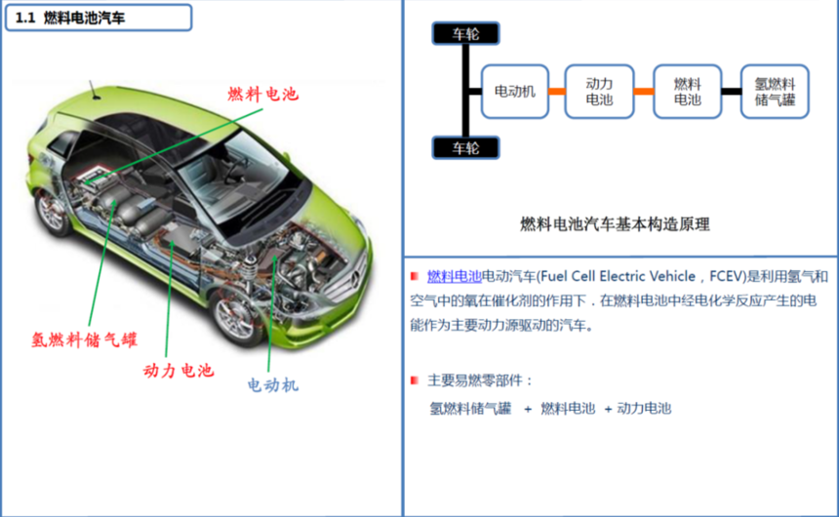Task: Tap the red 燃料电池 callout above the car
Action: coord(262,94)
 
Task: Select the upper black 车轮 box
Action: coord(465,33)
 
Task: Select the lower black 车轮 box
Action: coord(465,148)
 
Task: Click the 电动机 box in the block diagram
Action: coord(515,92)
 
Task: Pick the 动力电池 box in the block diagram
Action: coord(599,92)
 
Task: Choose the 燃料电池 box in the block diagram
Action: coord(687,92)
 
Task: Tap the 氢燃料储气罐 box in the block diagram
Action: coord(775,92)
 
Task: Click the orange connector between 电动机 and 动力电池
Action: coord(557,92)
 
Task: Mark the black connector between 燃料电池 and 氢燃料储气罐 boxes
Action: coord(731,92)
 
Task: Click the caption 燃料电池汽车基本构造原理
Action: coord(615,223)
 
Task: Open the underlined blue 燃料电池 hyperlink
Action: coord(455,276)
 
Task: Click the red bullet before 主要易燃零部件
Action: coord(415,379)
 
